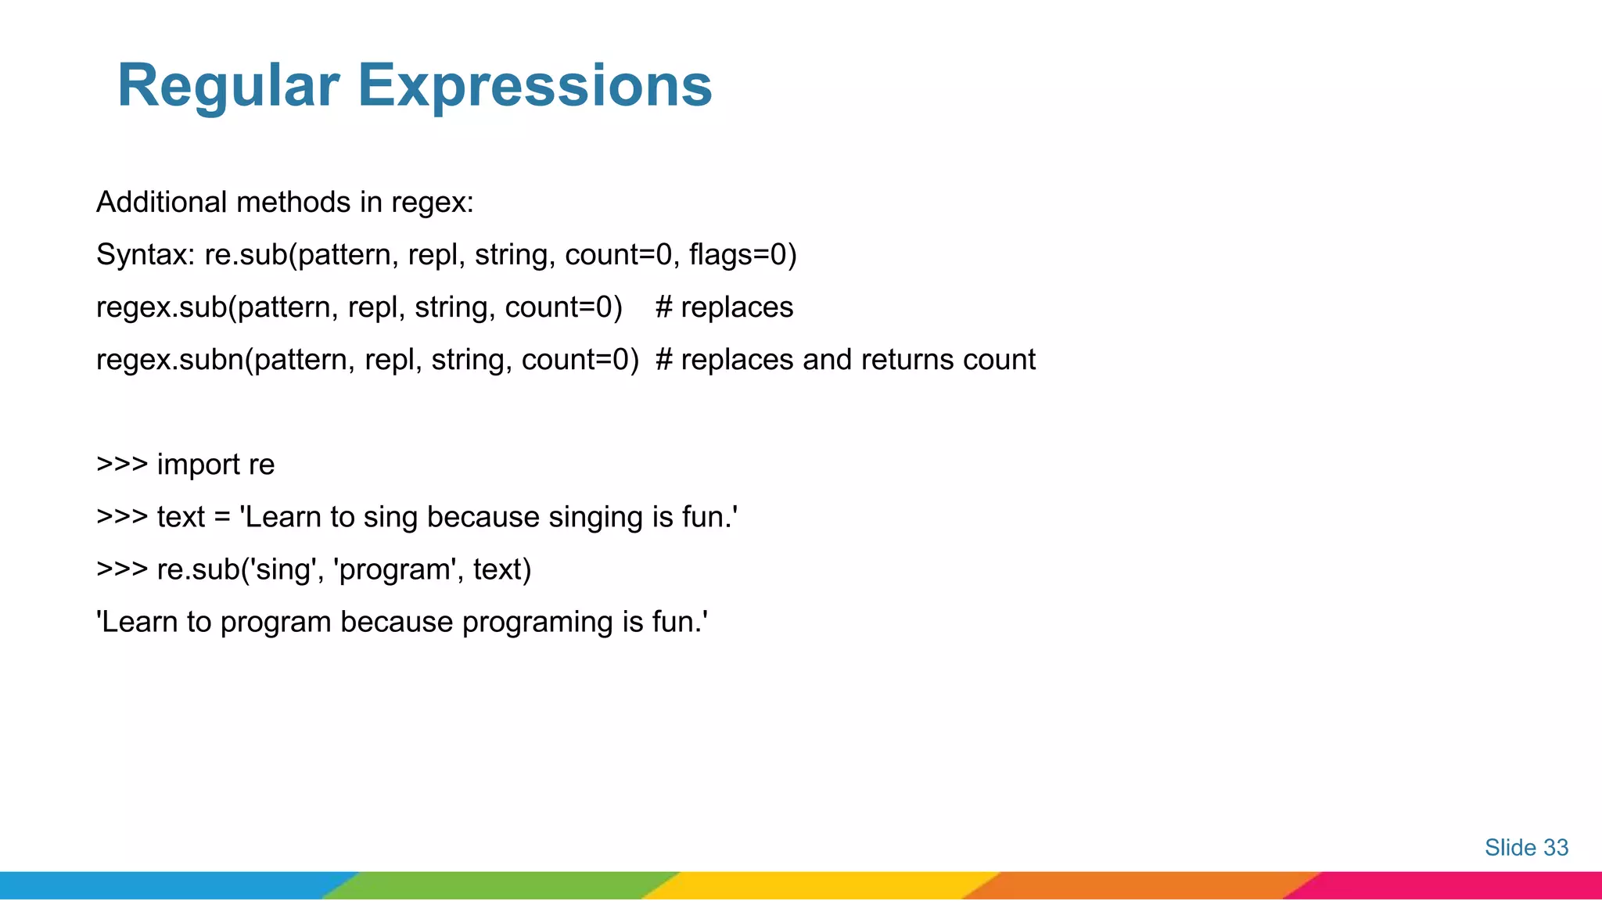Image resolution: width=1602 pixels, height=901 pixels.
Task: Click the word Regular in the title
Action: coord(228,85)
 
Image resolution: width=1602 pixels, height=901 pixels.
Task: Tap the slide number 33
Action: coord(1555,848)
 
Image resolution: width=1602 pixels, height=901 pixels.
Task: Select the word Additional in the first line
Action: coord(161,203)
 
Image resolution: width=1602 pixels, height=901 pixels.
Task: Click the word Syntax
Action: coord(145,255)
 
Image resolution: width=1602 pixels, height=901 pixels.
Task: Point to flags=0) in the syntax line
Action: coord(742,255)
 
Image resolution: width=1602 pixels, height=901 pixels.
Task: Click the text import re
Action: coord(216,465)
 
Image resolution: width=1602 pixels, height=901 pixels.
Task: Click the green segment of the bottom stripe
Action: coord(501,885)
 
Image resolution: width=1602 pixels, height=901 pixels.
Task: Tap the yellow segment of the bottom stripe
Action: coord(821,885)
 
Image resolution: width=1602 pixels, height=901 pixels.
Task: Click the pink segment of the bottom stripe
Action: coord(1455,885)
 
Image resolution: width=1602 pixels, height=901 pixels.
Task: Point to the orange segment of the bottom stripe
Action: coord(1142,885)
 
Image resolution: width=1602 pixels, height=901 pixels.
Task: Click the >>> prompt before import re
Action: coord(121,465)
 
